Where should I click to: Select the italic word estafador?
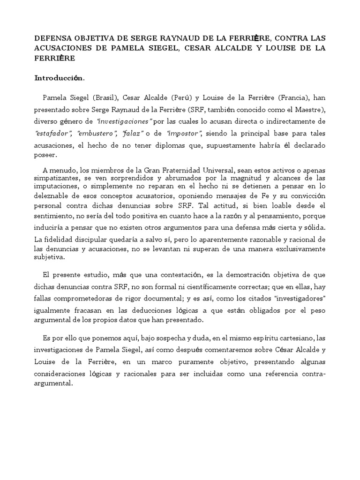coord(53,133)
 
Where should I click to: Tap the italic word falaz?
coord(132,133)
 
